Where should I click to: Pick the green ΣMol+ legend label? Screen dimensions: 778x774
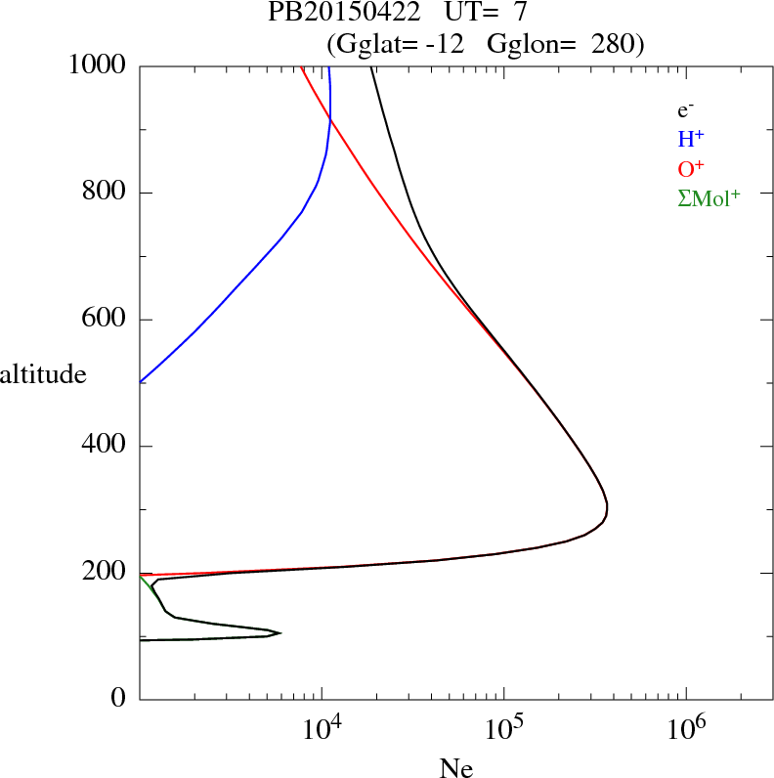[709, 198]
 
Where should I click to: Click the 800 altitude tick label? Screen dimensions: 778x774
[107, 193]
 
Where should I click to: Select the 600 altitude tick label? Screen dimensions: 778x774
[107, 320]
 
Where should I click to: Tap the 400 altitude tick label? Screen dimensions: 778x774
[107, 447]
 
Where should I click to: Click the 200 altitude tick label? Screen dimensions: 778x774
[107, 573]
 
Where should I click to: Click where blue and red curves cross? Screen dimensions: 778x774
[329, 118]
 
